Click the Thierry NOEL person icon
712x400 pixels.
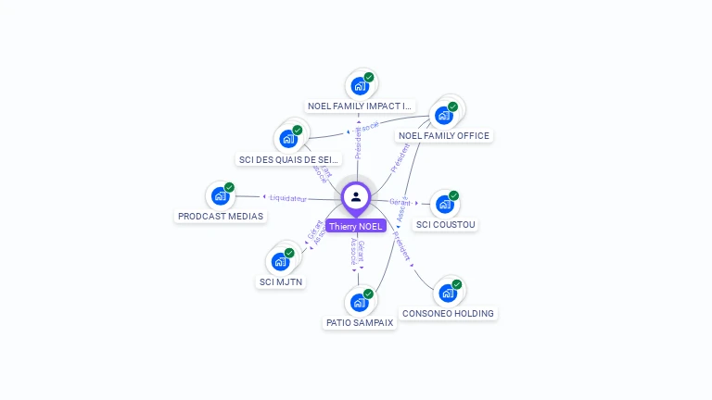click(x=356, y=196)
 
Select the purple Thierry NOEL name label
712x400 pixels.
click(x=356, y=226)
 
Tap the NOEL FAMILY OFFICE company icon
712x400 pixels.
click(x=444, y=116)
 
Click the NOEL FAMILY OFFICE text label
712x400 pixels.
click(x=444, y=136)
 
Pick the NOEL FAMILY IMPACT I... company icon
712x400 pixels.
click(x=360, y=87)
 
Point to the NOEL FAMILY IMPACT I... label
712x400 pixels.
click(x=360, y=106)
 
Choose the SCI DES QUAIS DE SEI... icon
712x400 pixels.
click(x=288, y=140)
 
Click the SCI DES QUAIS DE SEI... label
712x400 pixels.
click(x=290, y=159)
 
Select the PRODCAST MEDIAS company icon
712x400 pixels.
click(x=220, y=196)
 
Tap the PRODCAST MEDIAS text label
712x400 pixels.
click(x=221, y=217)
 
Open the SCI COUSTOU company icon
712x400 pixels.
click(x=445, y=205)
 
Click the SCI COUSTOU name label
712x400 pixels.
click(x=446, y=224)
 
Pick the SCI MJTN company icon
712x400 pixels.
click(x=280, y=262)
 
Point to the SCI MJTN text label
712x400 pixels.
click(x=281, y=281)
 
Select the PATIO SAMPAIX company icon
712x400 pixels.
click(x=360, y=303)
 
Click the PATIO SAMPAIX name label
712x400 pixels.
click(x=360, y=323)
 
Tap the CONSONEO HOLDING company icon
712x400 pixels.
click(x=448, y=294)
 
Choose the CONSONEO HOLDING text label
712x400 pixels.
click(x=449, y=314)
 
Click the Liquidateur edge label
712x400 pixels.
click(x=288, y=198)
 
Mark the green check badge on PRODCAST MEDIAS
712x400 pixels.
click(x=229, y=187)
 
